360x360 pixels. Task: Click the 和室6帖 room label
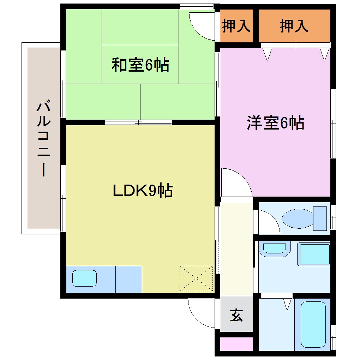click(140, 65)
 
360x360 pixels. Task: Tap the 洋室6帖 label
click(275, 123)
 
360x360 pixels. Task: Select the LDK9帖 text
click(143, 191)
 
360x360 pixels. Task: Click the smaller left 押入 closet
click(236, 26)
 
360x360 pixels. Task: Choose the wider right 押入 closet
click(294, 26)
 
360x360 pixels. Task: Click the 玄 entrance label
click(236, 315)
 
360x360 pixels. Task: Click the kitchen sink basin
click(85, 278)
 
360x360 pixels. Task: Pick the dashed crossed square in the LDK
click(196, 278)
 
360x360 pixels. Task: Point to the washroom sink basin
click(275, 248)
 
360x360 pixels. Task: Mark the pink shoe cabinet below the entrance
click(236, 344)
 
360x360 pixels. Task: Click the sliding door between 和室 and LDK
click(138, 122)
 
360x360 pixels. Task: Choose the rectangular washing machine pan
click(314, 254)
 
